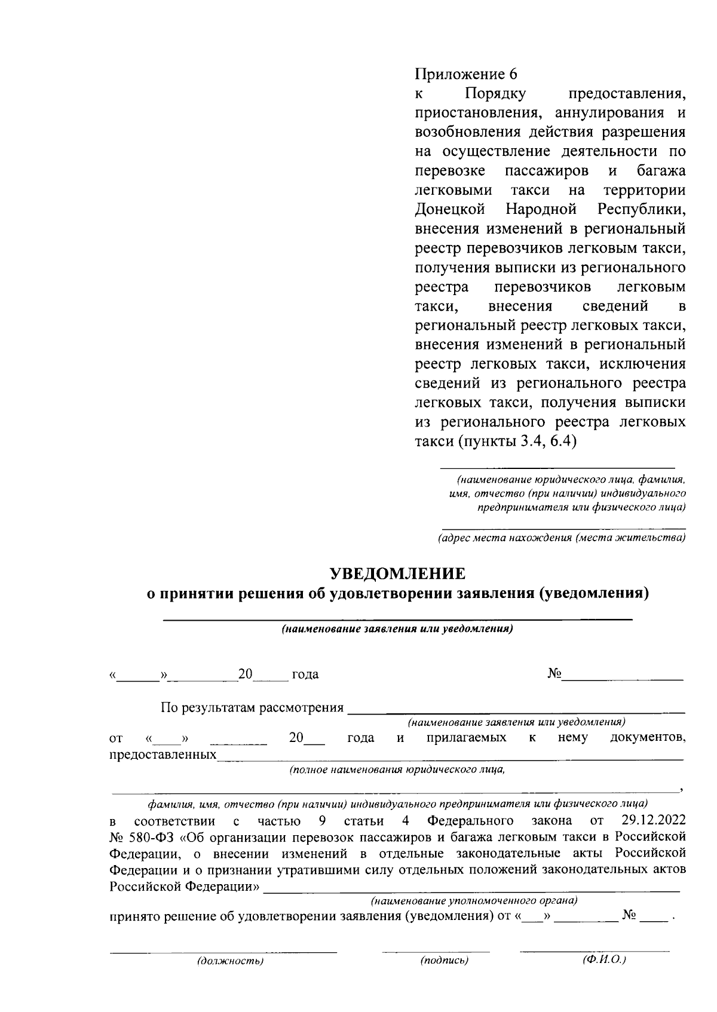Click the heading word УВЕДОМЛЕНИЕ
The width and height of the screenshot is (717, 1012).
tap(398, 574)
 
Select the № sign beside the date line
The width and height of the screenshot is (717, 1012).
tap(554, 674)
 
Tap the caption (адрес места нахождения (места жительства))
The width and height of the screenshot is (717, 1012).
tap(561, 538)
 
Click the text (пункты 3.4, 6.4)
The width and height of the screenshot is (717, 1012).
tap(516, 441)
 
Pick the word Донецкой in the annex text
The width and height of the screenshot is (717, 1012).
tap(449, 210)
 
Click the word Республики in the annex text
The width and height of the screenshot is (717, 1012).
tap(641, 210)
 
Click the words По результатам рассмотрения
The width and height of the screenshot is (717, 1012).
tap(252, 708)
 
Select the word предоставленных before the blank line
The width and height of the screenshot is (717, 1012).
tap(163, 755)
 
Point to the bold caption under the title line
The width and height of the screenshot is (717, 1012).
tap(398, 629)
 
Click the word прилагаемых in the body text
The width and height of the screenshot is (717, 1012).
tap(467, 738)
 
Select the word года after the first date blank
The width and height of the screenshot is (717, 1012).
tap(305, 674)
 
